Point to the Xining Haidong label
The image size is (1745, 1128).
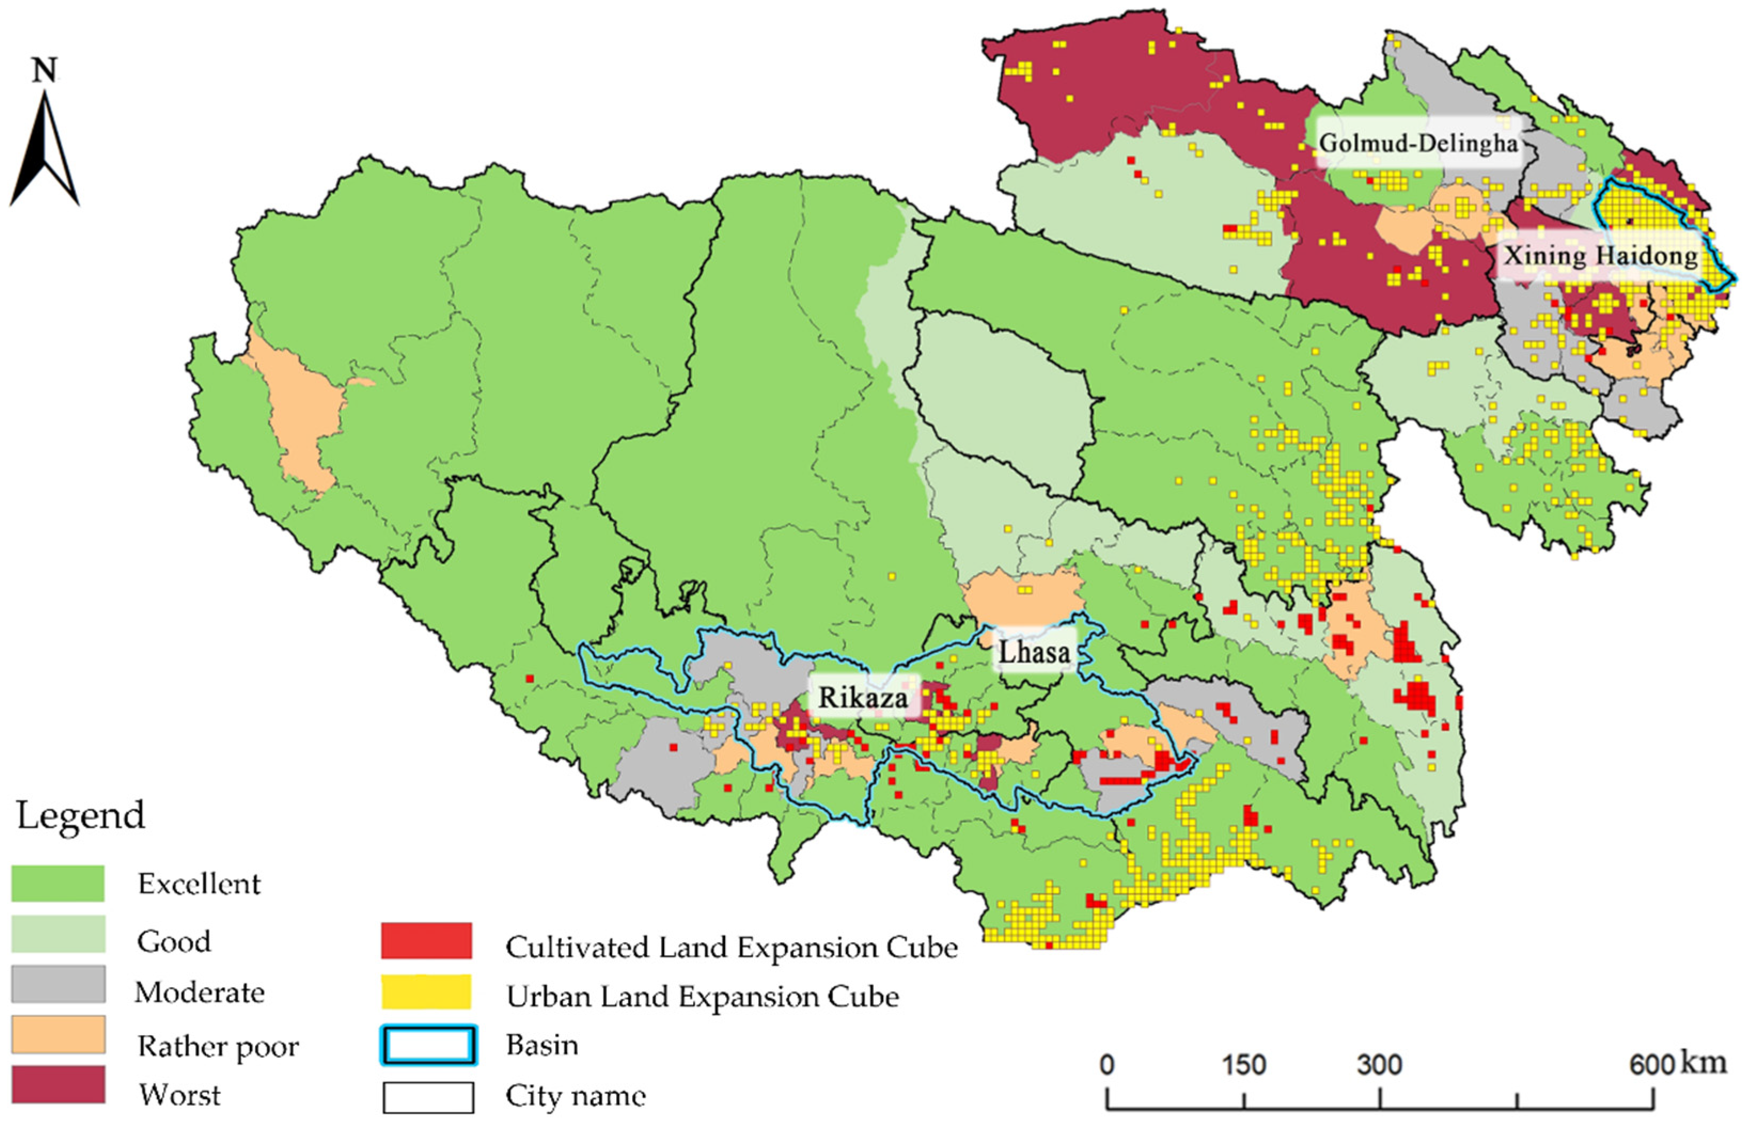(x=1601, y=256)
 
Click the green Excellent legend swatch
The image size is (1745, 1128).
(x=58, y=884)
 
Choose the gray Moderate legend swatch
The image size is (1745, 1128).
(x=58, y=984)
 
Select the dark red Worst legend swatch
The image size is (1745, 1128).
(x=58, y=1085)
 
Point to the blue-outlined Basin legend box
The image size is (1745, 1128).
(x=429, y=1045)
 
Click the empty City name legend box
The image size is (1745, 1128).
(x=429, y=1097)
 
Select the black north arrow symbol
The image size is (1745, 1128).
(x=45, y=150)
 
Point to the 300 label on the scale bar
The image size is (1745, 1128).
(x=1379, y=1065)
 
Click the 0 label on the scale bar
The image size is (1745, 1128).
(x=1107, y=1065)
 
